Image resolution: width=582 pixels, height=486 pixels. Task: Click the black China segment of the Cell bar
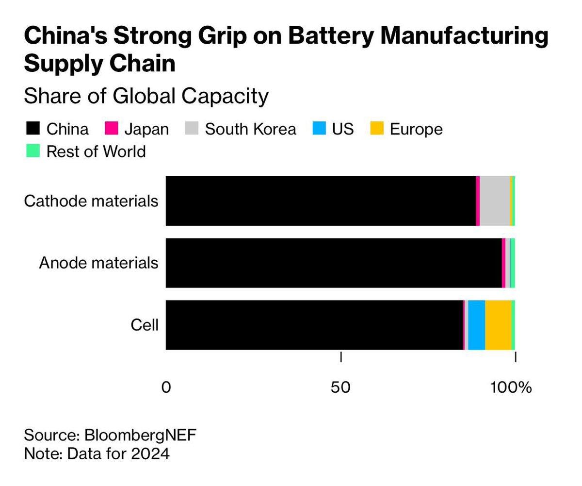[314, 325]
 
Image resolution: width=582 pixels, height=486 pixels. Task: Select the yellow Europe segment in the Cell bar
[498, 325]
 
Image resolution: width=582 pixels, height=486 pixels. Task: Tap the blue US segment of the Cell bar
[477, 325]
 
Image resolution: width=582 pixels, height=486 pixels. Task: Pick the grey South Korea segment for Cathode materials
[495, 201]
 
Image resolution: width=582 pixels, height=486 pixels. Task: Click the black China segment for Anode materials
[334, 263]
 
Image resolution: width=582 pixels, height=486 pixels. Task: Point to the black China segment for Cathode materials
[321, 201]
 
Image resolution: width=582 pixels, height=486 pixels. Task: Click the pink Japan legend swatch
[112, 129]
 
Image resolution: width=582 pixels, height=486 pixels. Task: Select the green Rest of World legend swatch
[32, 151]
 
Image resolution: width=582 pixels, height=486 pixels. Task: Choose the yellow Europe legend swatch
[377, 129]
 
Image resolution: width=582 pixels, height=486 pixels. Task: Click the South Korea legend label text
[250, 129]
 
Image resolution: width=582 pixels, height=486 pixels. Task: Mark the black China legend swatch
[32, 129]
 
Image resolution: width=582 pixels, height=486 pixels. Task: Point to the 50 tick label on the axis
[341, 387]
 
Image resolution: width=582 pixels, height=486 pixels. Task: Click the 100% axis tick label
[511, 387]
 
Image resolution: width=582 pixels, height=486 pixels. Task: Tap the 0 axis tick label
[166, 387]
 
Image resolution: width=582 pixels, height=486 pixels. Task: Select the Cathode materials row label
[91, 201]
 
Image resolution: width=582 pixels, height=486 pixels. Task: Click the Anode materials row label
[98, 263]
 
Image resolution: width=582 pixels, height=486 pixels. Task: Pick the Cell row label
[145, 325]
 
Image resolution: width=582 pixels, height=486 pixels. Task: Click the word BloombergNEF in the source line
[141, 435]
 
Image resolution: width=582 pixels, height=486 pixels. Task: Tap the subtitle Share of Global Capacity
[146, 96]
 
